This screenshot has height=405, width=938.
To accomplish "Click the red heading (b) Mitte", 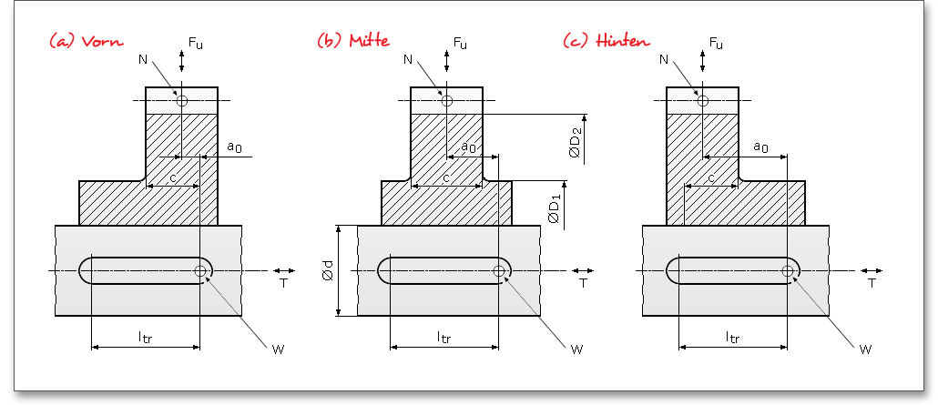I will pyautogui.click(x=352, y=41).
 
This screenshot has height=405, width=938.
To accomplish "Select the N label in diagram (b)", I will pyautogui.click(x=407, y=59).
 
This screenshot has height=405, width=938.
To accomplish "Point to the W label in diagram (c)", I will pyautogui.click(x=864, y=348).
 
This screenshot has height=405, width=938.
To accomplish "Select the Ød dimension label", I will pyautogui.click(x=329, y=271).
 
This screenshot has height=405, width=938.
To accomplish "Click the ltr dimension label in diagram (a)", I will pyautogui.click(x=145, y=337).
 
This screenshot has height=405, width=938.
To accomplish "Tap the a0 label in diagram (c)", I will pyautogui.click(x=760, y=147).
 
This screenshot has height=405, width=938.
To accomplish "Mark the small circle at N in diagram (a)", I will pyautogui.click(x=182, y=101).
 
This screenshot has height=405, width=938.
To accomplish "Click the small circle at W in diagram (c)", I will pyautogui.click(x=787, y=270).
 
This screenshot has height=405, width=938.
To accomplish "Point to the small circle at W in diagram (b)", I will pyautogui.click(x=499, y=270).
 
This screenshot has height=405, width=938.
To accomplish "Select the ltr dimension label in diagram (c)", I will pyautogui.click(x=732, y=337).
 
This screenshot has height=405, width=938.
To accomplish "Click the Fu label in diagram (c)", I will pyautogui.click(x=717, y=43).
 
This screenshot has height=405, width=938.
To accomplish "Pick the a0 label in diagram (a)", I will pyautogui.click(x=234, y=147).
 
